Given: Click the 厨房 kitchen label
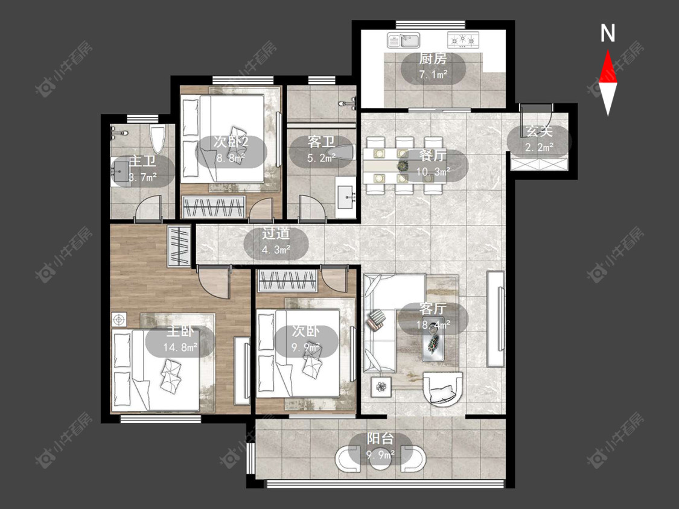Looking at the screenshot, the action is [x=433, y=58].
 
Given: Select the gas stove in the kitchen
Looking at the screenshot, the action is [x=463, y=40].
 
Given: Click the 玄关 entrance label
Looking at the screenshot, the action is [x=539, y=131].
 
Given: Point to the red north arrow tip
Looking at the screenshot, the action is [x=608, y=50].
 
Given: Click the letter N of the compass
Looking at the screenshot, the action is [x=608, y=33].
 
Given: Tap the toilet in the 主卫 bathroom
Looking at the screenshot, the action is [x=158, y=138].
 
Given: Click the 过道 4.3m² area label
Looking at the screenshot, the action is [x=276, y=241].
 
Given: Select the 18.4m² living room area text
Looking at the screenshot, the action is [x=433, y=325].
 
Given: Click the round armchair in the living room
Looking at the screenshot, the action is [x=443, y=388].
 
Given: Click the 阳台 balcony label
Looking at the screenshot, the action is [x=381, y=438].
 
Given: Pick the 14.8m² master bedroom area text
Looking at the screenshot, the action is [x=180, y=347].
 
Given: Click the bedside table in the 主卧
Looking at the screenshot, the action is [x=119, y=320].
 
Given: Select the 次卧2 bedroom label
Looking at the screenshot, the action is [x=231, y=142].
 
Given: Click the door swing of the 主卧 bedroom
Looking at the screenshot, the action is [x=214, y=282].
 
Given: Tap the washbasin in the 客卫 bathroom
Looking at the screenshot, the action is [x=346, y=197].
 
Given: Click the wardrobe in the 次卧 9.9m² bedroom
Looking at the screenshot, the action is [x=288, y=280].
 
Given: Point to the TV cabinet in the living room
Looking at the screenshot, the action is [x=496, y=319].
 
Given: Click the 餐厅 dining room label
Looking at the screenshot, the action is [x=432, y=156].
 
